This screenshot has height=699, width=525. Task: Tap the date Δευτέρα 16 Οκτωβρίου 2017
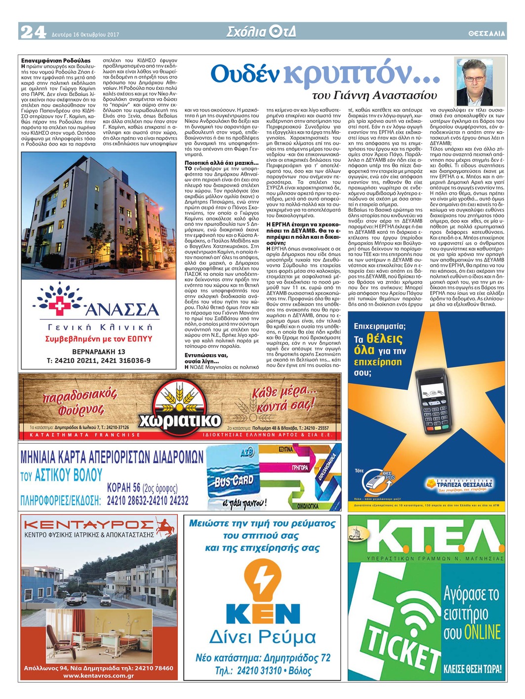[85, 35]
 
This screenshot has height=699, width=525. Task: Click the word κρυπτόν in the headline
[362, 74]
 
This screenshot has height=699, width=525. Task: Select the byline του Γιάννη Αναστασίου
[375, 95]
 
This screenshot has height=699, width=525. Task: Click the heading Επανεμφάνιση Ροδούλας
[56, 61]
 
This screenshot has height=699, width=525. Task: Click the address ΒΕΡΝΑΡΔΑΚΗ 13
[98, 352]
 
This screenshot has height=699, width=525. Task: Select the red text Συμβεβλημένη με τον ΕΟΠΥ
[98, 339]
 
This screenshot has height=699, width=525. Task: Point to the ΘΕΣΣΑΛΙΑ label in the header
[486, 34]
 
